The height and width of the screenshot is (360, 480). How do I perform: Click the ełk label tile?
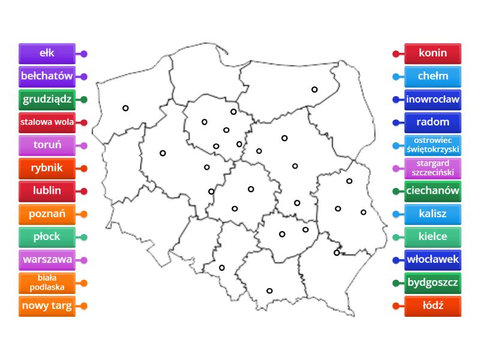(x=47, y=53)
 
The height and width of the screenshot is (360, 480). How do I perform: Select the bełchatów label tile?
(x=47, y=76)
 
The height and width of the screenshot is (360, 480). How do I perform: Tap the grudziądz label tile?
(x=47, y=99)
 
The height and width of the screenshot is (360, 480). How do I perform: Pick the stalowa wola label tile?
(x=47, y=122)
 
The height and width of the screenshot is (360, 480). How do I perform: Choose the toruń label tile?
(x=47, y=145)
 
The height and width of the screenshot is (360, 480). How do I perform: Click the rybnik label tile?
(x=47, y=168)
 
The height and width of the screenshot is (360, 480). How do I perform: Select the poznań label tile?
(x=47, y=214)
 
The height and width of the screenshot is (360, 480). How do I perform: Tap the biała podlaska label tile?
(x=47, y=283)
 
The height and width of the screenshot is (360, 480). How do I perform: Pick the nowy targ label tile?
(x=47, y=306)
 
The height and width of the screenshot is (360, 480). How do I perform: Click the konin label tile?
(x=433, y=53)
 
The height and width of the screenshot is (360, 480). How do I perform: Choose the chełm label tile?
(x=433, y=76)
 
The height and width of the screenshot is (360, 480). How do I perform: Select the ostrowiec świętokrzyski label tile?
(x=433, y=145)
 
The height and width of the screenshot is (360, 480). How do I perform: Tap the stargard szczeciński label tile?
(x=433, y=168)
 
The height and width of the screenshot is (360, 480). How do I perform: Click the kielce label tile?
(x=433, y=236)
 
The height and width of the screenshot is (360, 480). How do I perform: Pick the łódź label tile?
(x=433, y=306)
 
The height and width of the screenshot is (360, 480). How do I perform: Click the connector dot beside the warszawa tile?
(x=84, y=260)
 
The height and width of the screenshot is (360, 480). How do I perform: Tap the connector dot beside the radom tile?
(x=396, y=122)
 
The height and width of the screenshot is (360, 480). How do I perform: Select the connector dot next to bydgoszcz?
(x=396, y=283)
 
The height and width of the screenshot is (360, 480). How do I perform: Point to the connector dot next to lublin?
(x=84, y=191)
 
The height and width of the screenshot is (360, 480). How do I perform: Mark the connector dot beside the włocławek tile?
(x=396, y=260)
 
